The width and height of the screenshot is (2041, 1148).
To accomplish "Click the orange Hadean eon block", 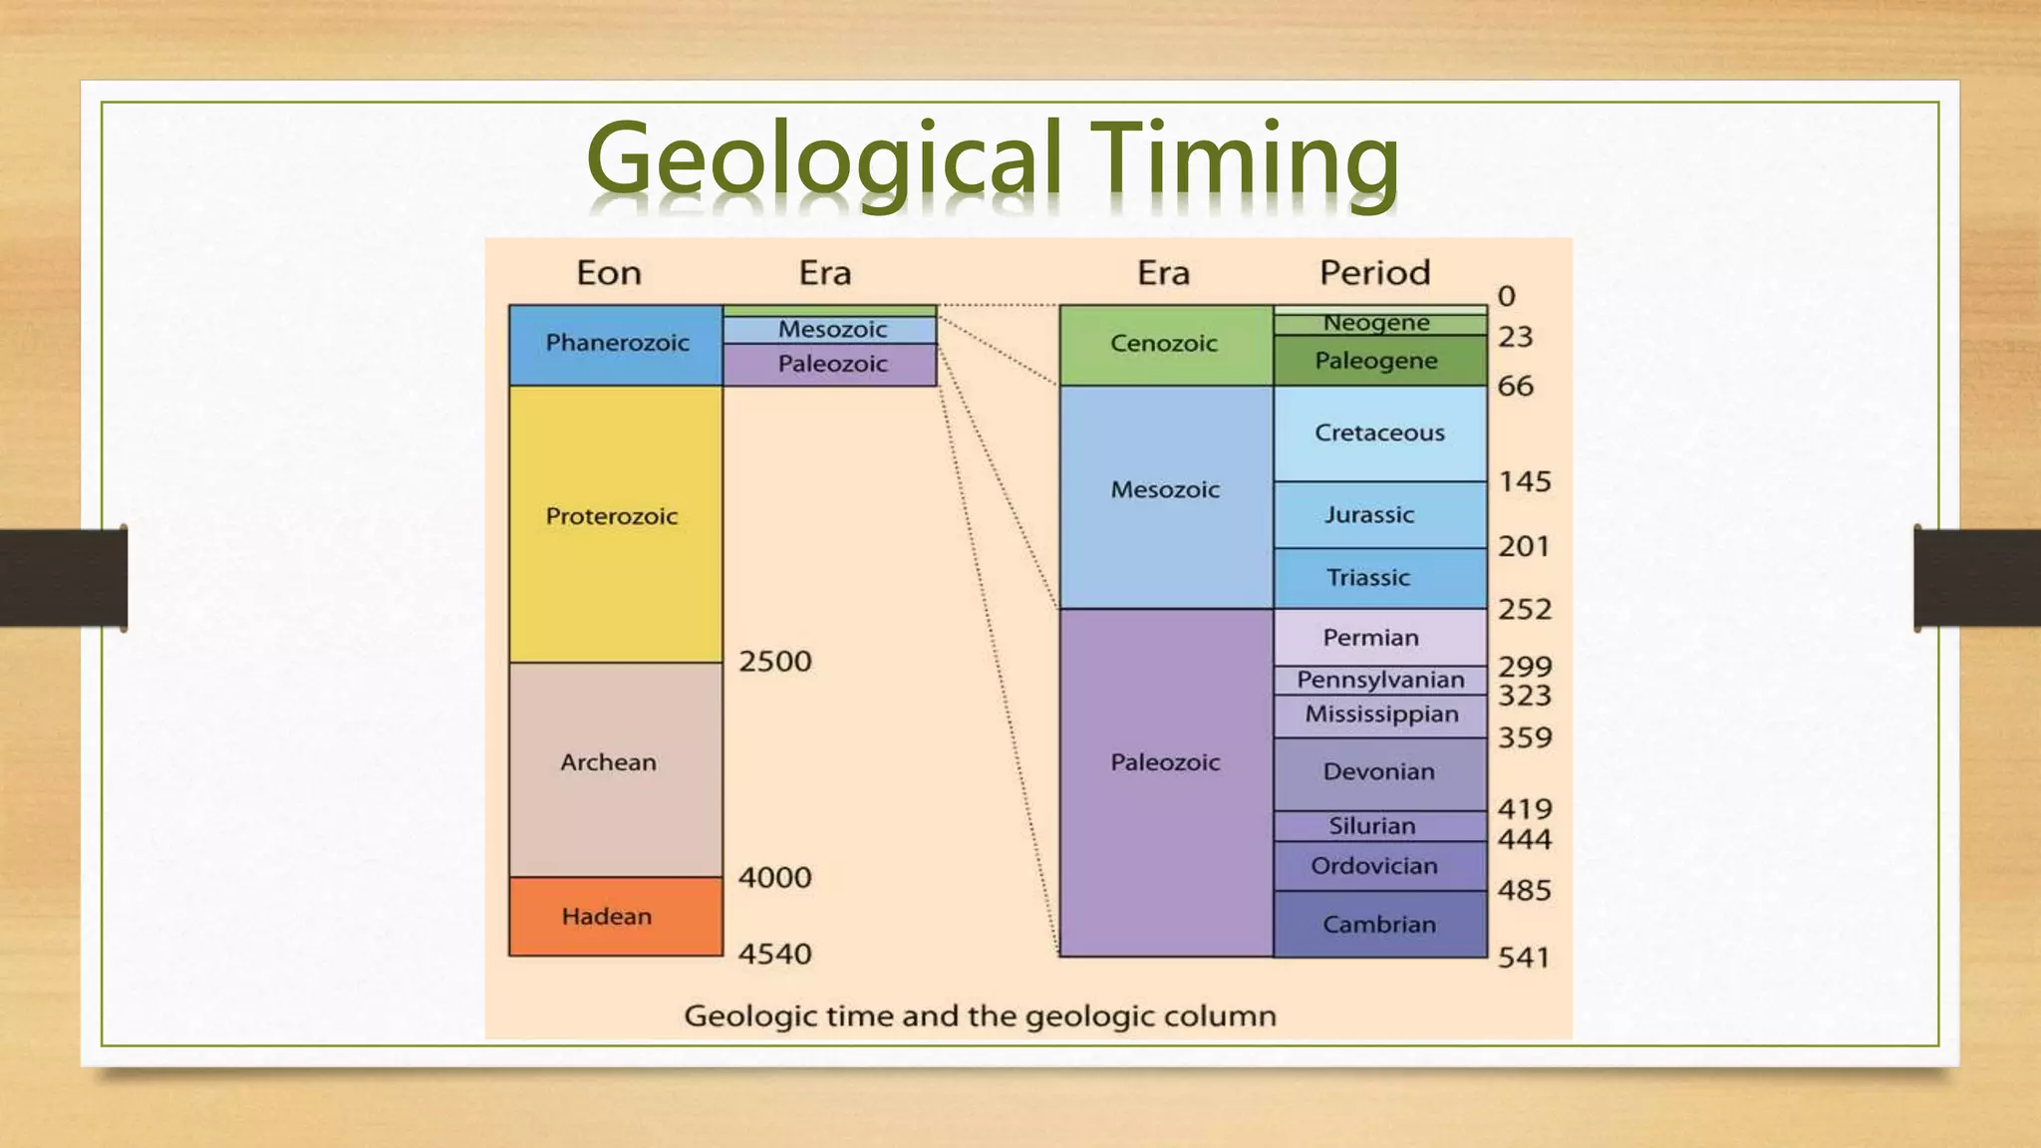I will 615,916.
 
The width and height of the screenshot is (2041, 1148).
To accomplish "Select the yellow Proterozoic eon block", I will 615,523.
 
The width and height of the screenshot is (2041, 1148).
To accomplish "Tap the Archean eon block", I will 615,768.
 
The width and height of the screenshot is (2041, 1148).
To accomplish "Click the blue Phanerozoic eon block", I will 615,345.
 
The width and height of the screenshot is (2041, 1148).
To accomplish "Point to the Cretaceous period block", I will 1379,433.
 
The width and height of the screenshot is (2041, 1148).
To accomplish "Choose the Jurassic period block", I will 1379,514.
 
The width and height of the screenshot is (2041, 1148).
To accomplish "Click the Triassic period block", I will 1379,578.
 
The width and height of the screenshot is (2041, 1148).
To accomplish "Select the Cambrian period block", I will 1379,925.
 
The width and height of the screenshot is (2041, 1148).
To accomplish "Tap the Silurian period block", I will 1379,826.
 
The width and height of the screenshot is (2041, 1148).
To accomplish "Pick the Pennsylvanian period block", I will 1379,680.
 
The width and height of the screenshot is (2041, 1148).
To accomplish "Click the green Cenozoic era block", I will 1165,345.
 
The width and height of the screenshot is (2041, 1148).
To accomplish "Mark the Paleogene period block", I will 1379,361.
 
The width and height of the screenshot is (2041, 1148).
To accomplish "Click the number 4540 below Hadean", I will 774,954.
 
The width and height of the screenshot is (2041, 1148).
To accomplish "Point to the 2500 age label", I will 774,661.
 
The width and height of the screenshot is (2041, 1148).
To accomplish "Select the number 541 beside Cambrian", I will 1523,958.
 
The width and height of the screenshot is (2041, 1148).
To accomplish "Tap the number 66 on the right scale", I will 1515,386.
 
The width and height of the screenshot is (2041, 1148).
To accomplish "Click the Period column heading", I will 1374,272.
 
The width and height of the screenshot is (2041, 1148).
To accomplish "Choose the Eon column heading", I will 609,272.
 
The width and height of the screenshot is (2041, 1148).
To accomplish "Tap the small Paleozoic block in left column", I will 830,365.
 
